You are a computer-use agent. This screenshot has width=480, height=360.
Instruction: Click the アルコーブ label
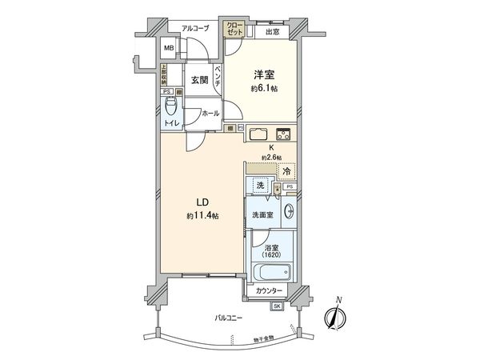click(x=194, y=29)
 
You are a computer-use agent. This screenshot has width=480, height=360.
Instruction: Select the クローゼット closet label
click(x=234, y=30)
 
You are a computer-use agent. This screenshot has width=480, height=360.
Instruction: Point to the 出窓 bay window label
click(x=272, y=31)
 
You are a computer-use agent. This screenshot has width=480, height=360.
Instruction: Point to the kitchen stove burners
click(x=283, y=133)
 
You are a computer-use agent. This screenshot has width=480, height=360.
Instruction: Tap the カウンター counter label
click(x=270, y=292)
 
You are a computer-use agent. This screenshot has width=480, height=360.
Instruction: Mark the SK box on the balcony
click(x=277, y=306)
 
